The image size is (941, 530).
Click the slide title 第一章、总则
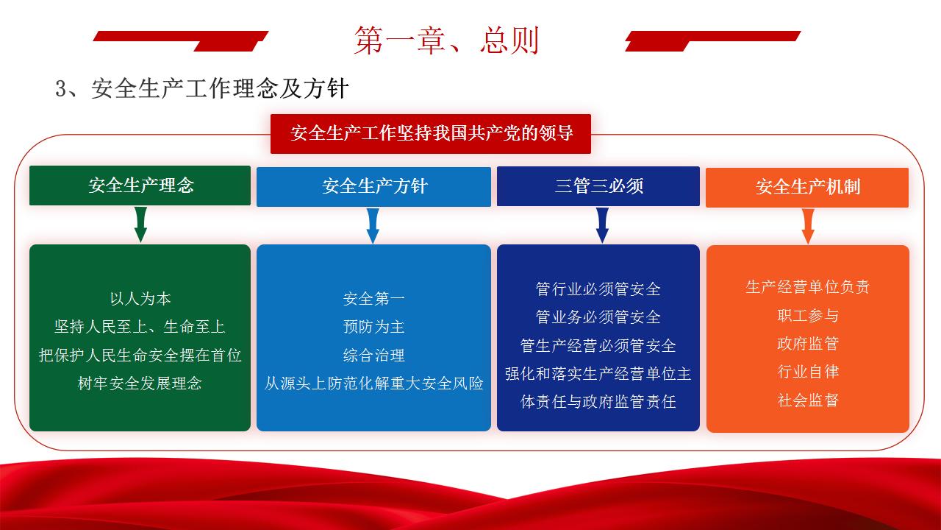pos(446,40)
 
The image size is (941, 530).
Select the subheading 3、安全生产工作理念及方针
pos(201,89)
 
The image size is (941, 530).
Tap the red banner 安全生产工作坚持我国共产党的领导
pos(431,133)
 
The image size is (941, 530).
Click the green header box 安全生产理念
pos(140,185)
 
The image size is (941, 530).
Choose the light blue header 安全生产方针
pos(373,187)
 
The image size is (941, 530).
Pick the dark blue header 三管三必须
pos(598,186)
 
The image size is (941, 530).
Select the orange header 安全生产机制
pos(807,187)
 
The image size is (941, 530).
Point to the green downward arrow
pos(140,225)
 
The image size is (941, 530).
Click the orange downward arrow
pos(808,226)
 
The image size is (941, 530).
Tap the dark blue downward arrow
pos(602,225)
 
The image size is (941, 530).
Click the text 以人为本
pos(140,299)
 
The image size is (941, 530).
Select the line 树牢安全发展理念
pos(140,384)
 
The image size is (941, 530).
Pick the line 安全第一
pos(374,299)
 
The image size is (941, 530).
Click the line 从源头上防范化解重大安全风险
pos(374,384)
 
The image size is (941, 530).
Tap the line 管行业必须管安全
pos(598,289)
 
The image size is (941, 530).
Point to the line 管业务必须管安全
pos(598,317)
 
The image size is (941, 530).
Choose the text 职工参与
pos(808,316)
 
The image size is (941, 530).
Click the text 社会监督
pos(808,400)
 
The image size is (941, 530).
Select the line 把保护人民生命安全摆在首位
pos(140,356)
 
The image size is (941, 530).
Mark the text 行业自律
pos(808,372)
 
